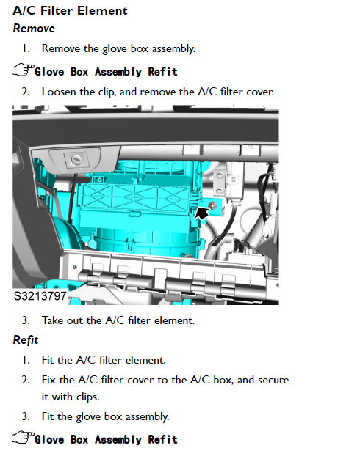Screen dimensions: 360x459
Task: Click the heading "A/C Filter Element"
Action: [x=71, y=11]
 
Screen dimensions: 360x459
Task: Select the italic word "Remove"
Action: [x=34, y=29]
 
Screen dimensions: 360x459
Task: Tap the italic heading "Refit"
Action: [x=26, y=340]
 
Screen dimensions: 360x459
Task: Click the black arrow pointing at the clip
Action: [x=202, y=212]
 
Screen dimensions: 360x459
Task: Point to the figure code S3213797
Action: [x=40, y=296]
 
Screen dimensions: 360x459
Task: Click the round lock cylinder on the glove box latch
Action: [x=76, y=160]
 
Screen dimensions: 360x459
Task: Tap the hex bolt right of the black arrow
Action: [x=213, y=205]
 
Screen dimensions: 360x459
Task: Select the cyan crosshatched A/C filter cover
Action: [x=134, y=198]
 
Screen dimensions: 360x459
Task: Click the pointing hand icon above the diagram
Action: [x=24, y=70]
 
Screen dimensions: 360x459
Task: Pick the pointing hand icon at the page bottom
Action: [x=24, y=437]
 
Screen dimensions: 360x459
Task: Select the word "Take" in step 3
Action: [x=53, y=320]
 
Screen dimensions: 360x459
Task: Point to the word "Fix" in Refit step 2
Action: [x=48, y=380]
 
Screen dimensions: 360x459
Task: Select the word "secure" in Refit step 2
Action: [x=273, y=381]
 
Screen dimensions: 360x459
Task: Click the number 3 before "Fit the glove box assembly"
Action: [x=26, y=416]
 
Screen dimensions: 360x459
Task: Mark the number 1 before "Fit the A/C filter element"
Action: [x=26, y=360]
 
